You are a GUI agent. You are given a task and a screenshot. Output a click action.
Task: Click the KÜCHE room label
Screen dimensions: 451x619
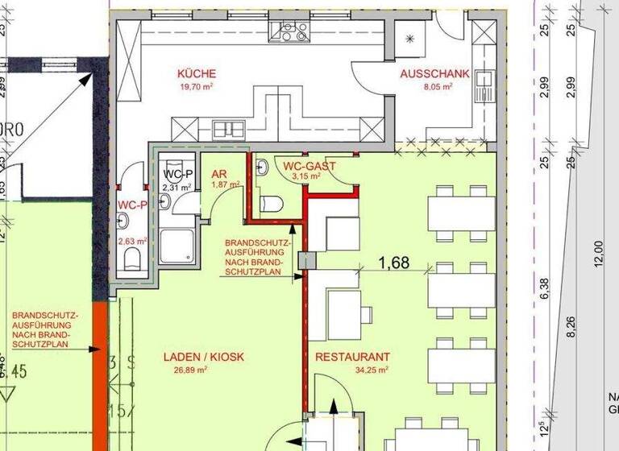pyautogui.click(x=197, y=74)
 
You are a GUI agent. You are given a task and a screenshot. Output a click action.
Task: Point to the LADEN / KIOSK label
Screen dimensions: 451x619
pyautogui.click(x=203, y=357)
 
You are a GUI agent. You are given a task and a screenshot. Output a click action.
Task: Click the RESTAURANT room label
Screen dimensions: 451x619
pyautogui.click(x=352, y=357)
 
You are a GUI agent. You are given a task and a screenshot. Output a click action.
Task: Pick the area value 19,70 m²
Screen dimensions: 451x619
pyautogui.click(x=197, y=86)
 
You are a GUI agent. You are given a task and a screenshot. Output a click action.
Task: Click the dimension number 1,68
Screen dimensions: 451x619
pyautogui.click(x=394, y=262)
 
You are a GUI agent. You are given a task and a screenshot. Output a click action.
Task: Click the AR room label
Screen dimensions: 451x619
pyautogui.click(x=218, y=173)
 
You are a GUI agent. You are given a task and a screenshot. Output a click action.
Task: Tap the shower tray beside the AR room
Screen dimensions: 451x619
pyautogui.click(x=177, y=246)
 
